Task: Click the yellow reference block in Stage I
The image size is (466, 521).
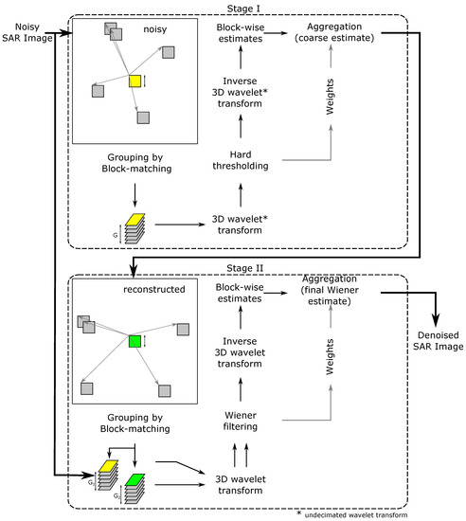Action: coord(135,81)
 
